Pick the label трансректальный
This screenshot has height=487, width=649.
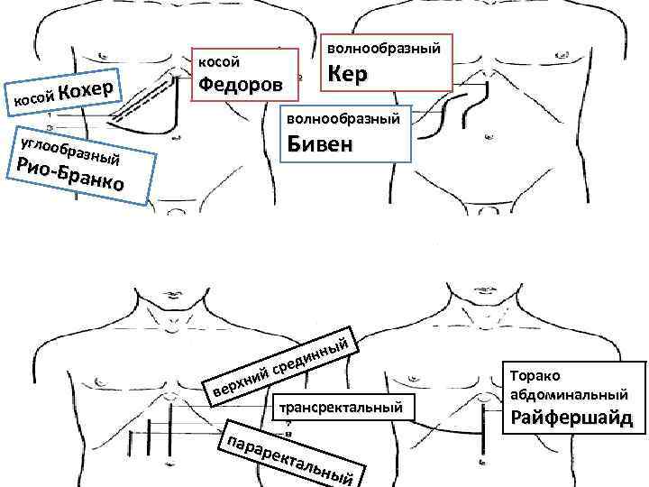340,407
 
